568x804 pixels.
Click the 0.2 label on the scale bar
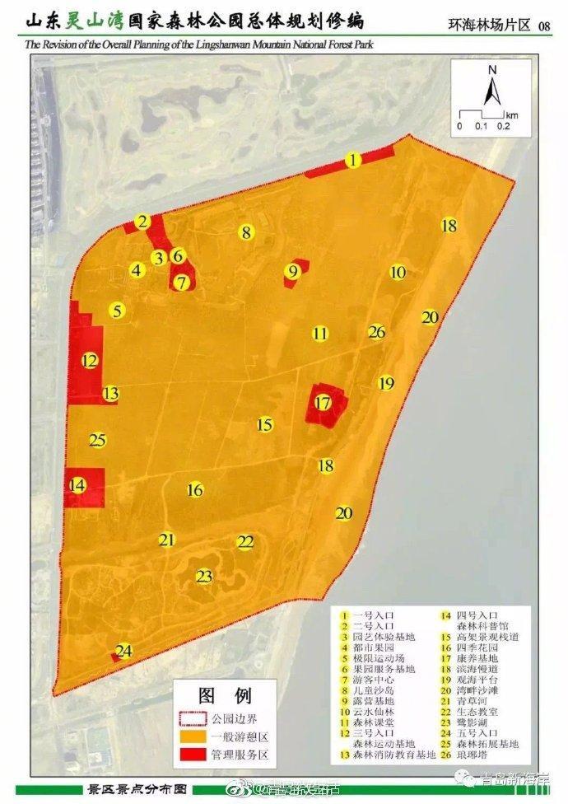503,126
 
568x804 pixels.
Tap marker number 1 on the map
353,160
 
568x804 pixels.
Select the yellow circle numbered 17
323,403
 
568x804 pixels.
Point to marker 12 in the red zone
90,361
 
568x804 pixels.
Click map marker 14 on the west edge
77,485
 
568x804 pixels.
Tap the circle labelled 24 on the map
124,652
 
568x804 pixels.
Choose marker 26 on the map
377,332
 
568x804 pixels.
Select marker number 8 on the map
245,232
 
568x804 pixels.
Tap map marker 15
264,425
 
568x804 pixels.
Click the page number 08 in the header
544,26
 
